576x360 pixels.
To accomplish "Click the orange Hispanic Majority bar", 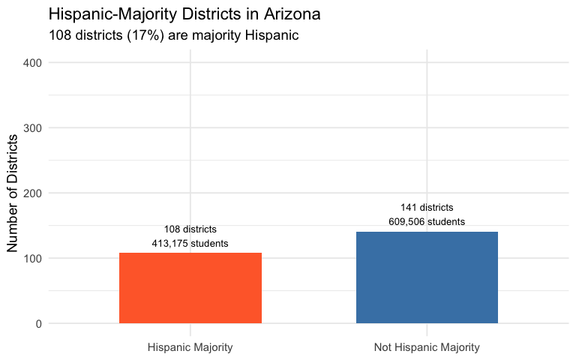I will (190, 288).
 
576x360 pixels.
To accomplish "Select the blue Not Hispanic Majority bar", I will (427, 277).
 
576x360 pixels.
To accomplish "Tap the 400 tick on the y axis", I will (34, 62).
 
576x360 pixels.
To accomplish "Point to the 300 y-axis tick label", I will (34, 127).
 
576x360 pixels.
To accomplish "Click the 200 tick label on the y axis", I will (34, 193).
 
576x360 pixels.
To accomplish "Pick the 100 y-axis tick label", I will (34, 259).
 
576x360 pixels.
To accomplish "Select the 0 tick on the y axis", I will (38, 324).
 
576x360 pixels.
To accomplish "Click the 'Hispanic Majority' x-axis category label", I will (190, 347).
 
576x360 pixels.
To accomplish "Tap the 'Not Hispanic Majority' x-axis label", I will (427, 347).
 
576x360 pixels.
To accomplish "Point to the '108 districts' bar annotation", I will (190, 229).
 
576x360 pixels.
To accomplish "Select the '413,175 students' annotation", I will (190, 244).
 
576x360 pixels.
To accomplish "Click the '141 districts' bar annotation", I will (427, 208).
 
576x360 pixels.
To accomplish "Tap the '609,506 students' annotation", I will (427, 222).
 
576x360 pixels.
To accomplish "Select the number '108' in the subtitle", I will (60, 35).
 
